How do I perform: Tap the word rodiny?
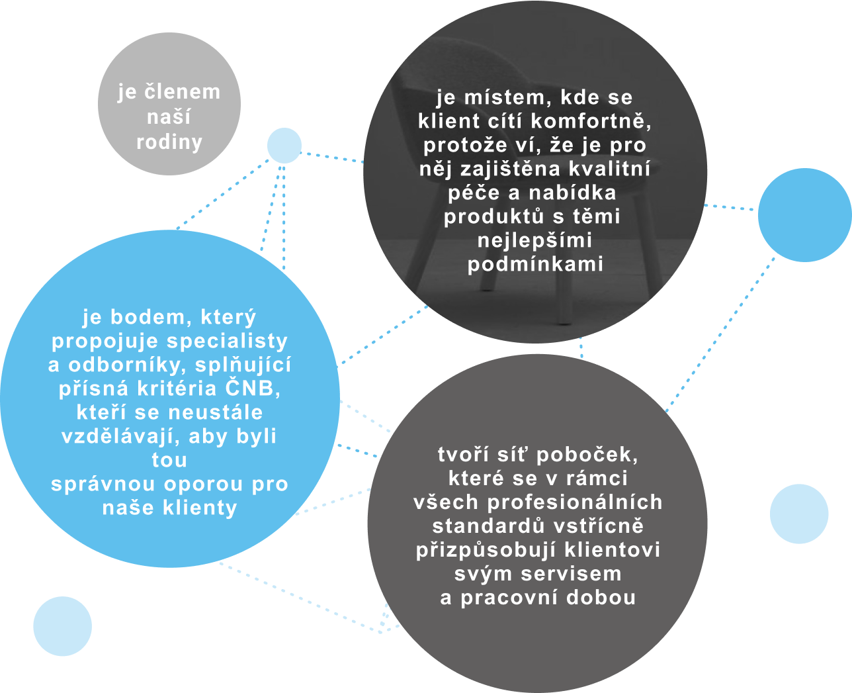(x=169, y=142)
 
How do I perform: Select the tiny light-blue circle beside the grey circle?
(x=284, y=146)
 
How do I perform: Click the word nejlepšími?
(x=535, y=240)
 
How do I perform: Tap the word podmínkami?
(x=535, y=264)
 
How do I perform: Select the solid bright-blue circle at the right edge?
(x=804, y=214)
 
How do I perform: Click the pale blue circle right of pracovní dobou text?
(x=799, y=514)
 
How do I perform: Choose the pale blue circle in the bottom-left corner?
(x=62, y=626)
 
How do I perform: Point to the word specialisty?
(x=227, y=341)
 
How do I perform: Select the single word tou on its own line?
(x=169, y=460)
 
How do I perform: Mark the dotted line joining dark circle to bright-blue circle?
(x=730, y=207)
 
